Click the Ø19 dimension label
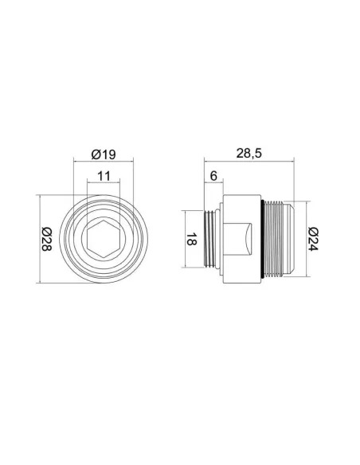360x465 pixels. (x=104, y=154)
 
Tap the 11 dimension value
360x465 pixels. (x=104, y=176)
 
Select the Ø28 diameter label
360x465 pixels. (x=46, y=239)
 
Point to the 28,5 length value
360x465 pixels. (x=248, y=154)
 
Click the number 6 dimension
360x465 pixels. (x=213, y=176)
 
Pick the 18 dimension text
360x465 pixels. (x=191, y=239)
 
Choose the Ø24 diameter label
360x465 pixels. (x=313, y=239)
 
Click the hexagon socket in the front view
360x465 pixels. (x=104, y=239)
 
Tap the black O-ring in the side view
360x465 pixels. (x=263, y=239)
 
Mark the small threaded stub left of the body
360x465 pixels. (x=210, y=239)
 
